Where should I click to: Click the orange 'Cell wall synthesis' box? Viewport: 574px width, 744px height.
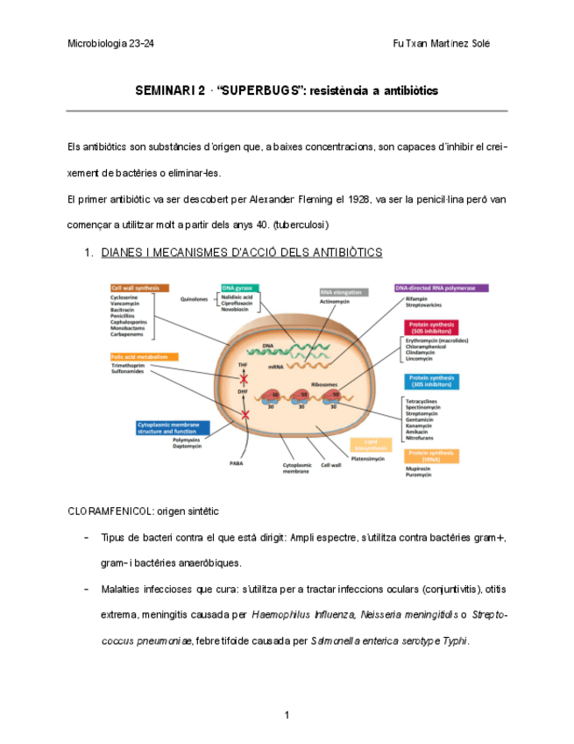point(139,288)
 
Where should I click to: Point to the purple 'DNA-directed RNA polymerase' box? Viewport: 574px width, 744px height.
point(441,288)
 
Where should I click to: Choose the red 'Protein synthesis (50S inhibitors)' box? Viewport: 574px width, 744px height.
point(429,327)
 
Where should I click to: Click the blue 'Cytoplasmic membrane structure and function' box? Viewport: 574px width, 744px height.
point(172,427)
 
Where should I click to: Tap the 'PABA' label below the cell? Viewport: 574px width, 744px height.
point(237,462)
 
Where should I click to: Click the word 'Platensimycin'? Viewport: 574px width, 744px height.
point(368,458)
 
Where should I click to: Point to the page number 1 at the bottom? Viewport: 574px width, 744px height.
point(287,716)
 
